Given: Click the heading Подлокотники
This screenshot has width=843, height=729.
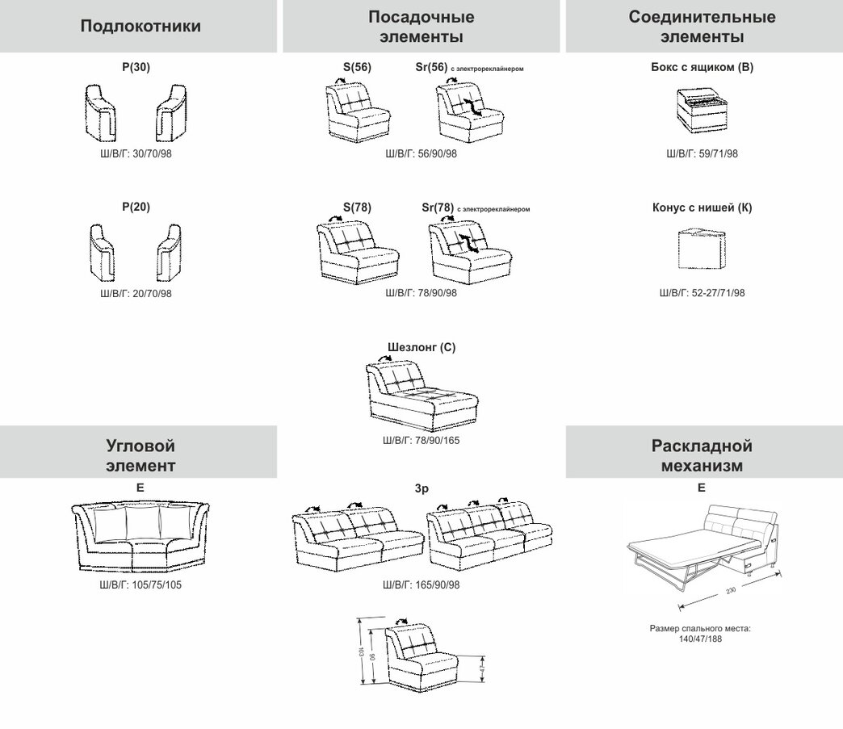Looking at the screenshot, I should coord(140,27).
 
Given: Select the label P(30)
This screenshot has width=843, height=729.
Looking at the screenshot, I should coord(136,68).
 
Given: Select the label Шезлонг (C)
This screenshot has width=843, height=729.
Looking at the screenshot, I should coord(421,348).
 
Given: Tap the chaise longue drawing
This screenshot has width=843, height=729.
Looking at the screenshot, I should coord(421,395).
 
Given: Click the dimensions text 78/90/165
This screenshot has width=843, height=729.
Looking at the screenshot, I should coord(421,441).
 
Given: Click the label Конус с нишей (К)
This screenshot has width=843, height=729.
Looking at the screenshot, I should coord(702,207).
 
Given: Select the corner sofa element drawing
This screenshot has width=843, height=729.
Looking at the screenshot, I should coord(140,538).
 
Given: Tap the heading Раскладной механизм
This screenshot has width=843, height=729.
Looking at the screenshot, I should coord(702,455).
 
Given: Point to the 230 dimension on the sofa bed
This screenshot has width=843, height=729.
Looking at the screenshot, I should coord(730,591).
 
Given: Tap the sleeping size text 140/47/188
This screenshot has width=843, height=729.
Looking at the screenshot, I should coord(702,638).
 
